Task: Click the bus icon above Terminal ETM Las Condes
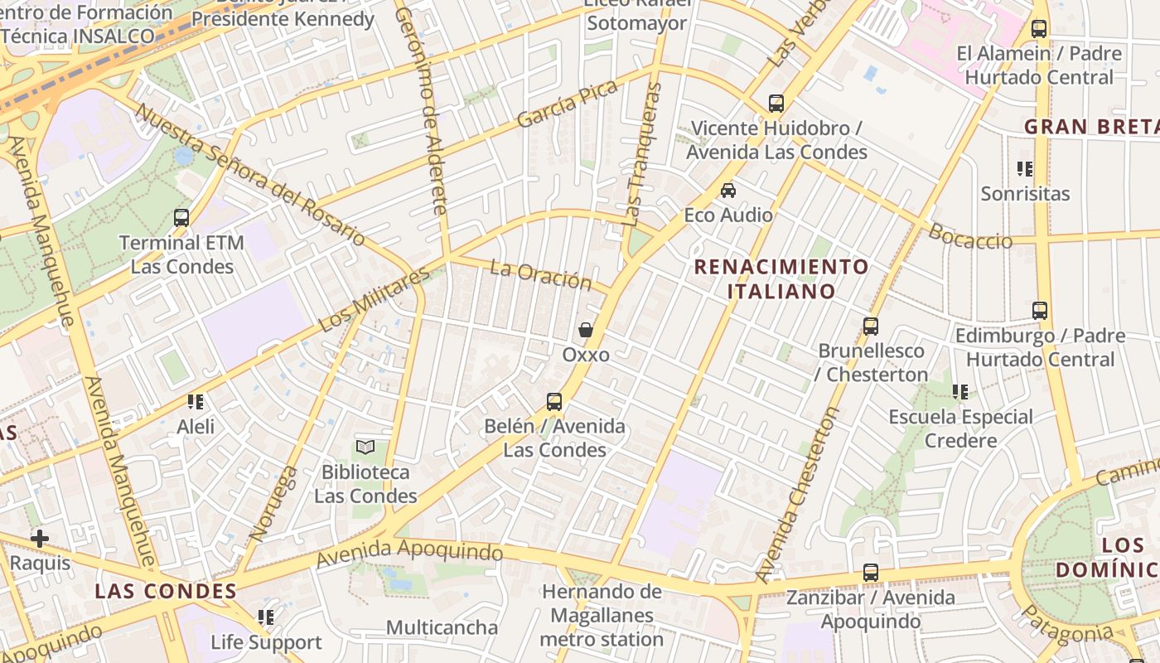(x=181, y=218)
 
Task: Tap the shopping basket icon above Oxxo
(x=586, y=330)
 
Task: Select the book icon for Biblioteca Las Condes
(x=365, y=447)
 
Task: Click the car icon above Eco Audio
(x=728, y=191)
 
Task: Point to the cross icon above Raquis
(x=39, y=539)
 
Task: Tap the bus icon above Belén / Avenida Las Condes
(x=554, y=402)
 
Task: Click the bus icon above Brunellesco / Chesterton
(x=870, y=327)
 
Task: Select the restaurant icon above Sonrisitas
(x=1025, y=169)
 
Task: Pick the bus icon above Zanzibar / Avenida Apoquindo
(x=870, y=573)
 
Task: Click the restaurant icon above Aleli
(x=196, y=402)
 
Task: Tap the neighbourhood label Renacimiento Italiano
(x=781, y=279)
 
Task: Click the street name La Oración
(x=540, y=275)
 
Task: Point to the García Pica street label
(x=568, y=104)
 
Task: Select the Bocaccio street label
(x=970, y=236)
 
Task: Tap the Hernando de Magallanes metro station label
(x=602, y=616)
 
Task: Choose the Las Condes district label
(x=166, y=591)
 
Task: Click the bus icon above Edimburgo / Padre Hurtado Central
(x=1040, y=311)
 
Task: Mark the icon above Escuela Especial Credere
(x=960, y=392)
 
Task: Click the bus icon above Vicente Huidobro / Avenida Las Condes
(x=776, y=104)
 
